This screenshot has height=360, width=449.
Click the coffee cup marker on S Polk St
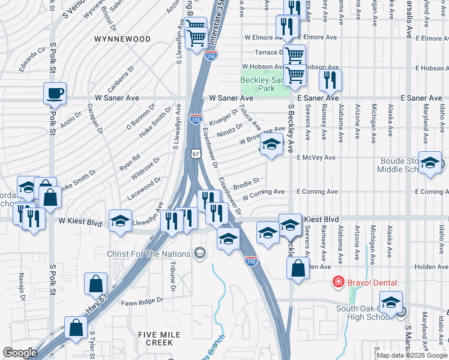55,94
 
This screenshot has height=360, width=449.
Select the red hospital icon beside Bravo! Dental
339,281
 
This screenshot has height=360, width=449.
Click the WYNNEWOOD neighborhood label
122,39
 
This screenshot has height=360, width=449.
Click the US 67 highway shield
196,154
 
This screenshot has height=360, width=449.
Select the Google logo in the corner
20,353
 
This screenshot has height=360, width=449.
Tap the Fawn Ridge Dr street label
143,302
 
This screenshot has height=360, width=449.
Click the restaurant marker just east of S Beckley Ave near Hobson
330,80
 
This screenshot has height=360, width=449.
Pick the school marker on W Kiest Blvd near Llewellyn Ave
120,220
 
